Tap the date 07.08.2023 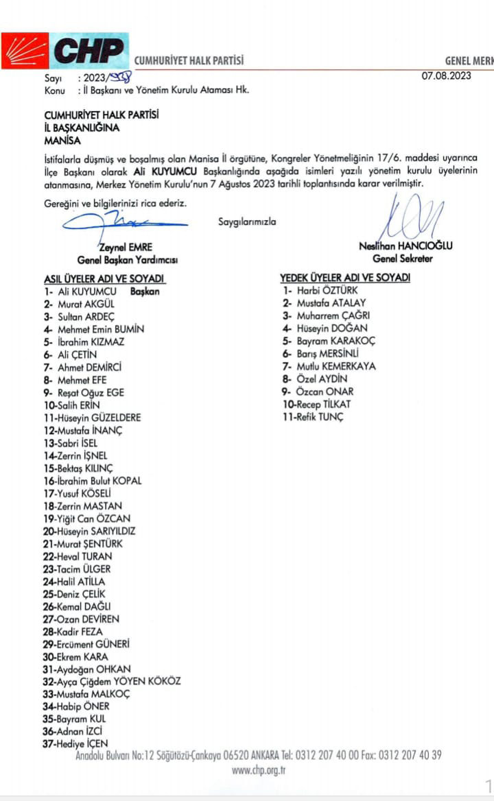tap(446, 76)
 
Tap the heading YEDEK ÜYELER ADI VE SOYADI tap(344, 277)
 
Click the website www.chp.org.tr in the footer tap(259, 770)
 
